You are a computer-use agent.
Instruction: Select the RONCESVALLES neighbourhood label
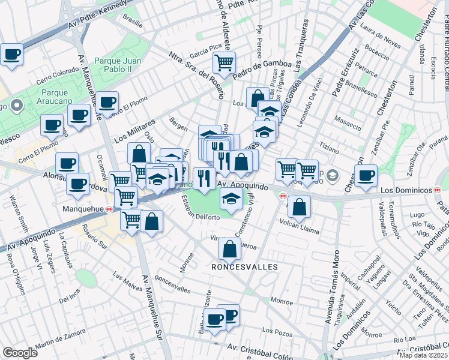[x=244, y=266]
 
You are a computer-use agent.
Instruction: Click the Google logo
[x=20, y=353]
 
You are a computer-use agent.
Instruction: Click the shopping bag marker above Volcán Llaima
[x=300, y=206]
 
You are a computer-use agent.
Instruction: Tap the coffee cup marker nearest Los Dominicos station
[x=366, y=175]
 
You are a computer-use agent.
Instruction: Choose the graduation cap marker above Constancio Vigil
[x=231, y=197]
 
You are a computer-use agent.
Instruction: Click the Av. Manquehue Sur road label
[x=152, y=307]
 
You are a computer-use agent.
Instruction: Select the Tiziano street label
[x=347, y=146]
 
